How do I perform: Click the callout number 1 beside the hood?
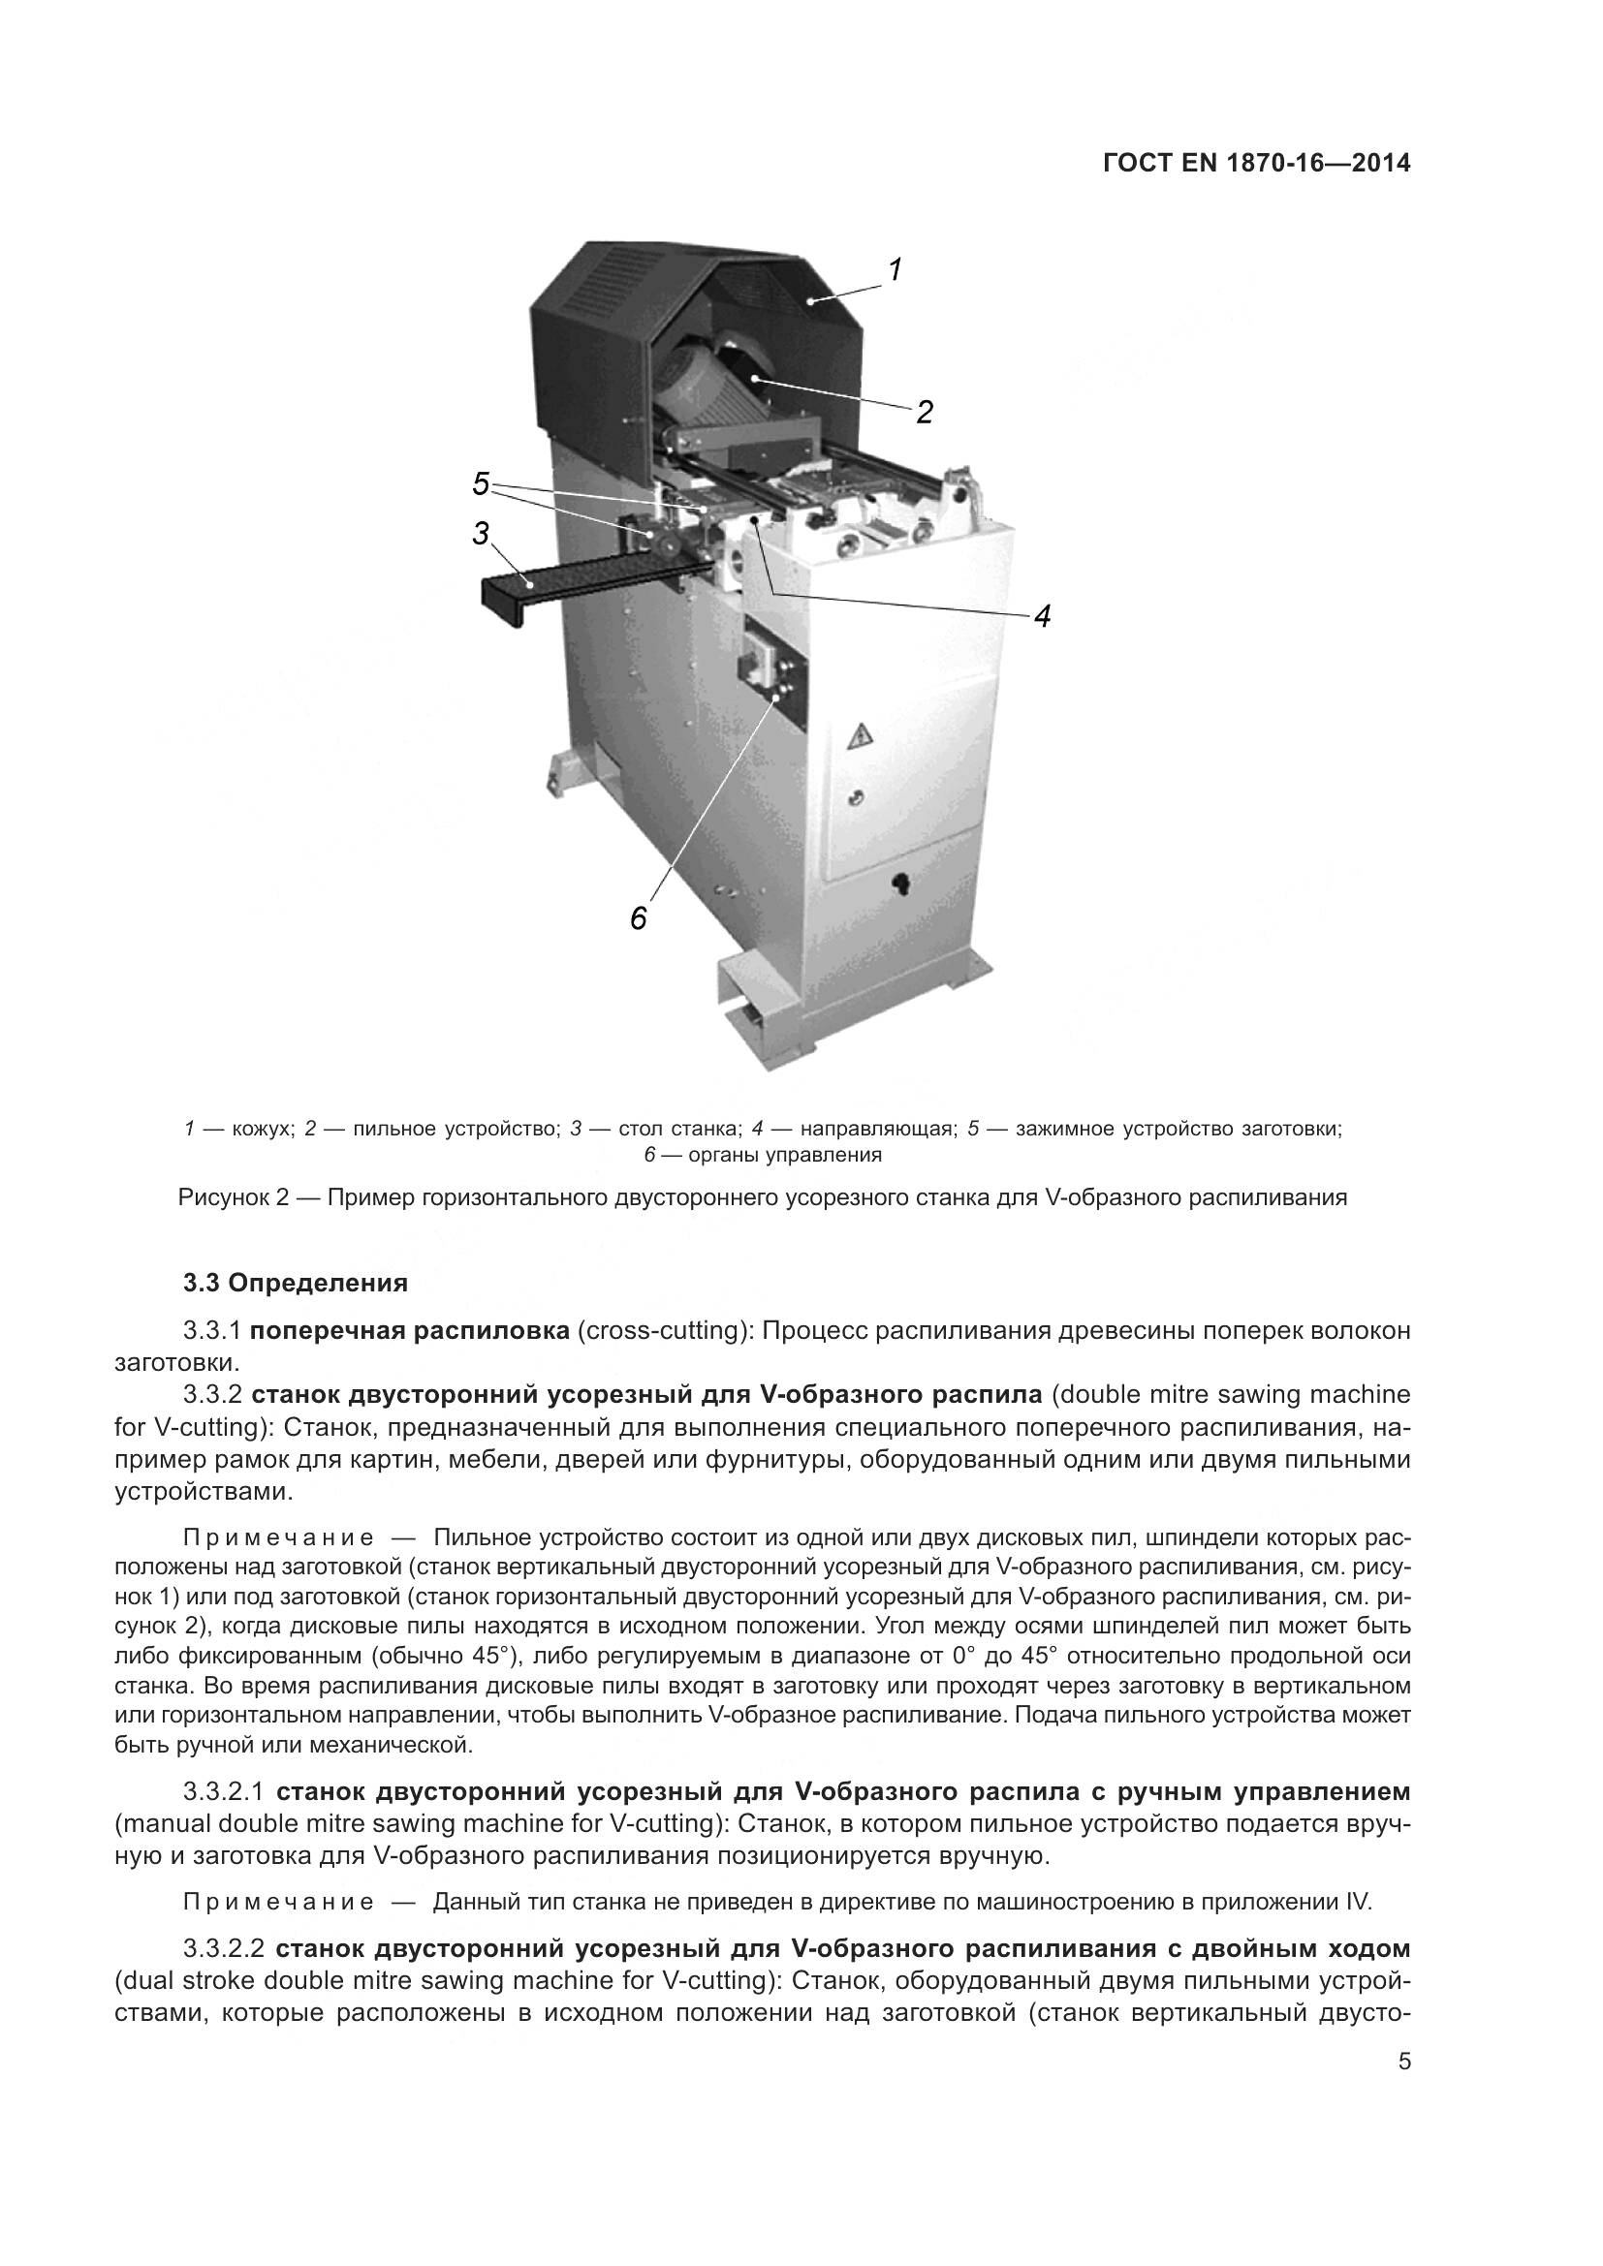895,269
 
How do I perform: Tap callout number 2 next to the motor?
924,412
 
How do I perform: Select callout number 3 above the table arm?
481,534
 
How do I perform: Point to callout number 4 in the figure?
1041,616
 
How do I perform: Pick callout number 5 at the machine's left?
481,483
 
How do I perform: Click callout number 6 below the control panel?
638,918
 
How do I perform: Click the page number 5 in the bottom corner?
1404,2109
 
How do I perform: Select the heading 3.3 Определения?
296,1283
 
